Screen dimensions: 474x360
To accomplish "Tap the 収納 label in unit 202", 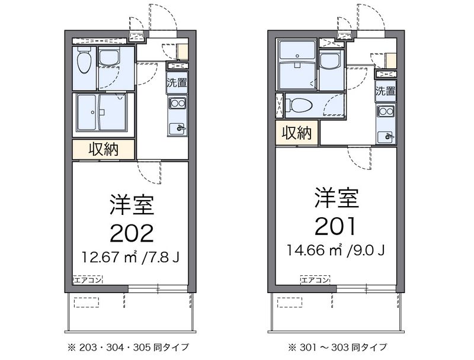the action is pyautogui.click(x=103, y=149).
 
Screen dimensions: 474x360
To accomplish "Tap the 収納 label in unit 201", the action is pyautogui.click(x=297, y=133).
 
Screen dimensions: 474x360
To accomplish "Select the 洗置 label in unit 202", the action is pyautogui.click(x=177, y=82).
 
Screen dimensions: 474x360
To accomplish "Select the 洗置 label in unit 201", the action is pyautogui.click(x=386, y=91).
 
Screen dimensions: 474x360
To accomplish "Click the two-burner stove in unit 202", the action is pyautogui.click(x=177, y=103).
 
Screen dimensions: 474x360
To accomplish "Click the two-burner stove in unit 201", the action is pyautogui.click(x=386, y=112).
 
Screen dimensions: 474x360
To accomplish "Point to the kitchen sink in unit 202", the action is pyautogui.click(x=177, y=129).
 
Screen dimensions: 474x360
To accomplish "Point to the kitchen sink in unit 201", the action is pyautogui.click(x=386, y=137).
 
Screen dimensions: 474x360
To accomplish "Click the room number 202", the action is pyautogui.click(x=132, y=234).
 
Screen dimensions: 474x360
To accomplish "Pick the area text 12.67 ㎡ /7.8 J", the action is pyautogui.click(x=131, y=257).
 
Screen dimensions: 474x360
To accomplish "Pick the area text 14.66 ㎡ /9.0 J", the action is pyautogui.click(x=335, y=250).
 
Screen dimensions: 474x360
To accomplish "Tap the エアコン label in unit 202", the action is pyautogui.click(x=88, y=279).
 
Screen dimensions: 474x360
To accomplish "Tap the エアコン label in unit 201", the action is pyautogui.click(x=315, y=280).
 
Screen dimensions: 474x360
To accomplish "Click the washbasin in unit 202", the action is pyautogui.click(x=109, y=58).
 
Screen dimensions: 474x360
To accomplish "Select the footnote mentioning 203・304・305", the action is pyautogui.click(x=129, y=348).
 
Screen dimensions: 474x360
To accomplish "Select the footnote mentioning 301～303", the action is pyautogui.click(x=337, y=348).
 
